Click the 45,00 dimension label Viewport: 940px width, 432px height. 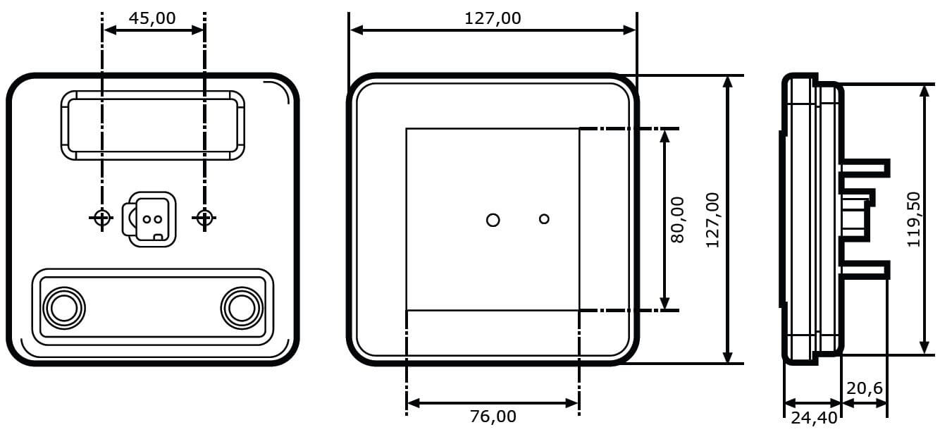pyautogui.click(x=152, y=18)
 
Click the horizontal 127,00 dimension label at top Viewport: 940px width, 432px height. pyautogui.click(x=493, y=18)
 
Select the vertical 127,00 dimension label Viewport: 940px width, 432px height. pyautogui.click(x=713, y=220)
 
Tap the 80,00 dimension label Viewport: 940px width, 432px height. pyautogui.click(x=677, y=220)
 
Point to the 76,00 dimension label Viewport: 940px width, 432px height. pyautogui.click(x=493, y=416)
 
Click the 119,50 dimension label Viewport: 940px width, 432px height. pyautogui.click(x=913, y=220)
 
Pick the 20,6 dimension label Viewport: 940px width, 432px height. pyautogui.click(x=865, y=388)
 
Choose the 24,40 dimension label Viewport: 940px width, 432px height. pyautogui.click(x=814, y=418)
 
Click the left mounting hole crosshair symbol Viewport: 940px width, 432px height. pyautogui.click(x=101, y=218)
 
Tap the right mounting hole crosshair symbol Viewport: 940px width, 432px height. pyautogui.click(x=204, y=218)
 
